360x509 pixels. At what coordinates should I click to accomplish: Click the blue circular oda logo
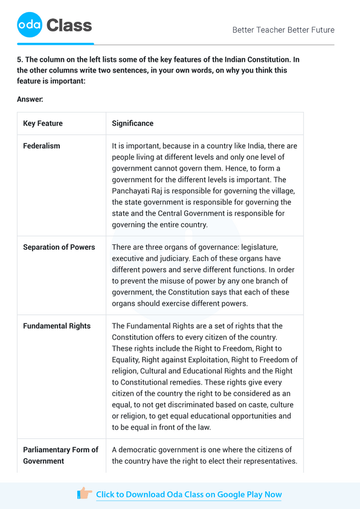pyautogui.click(x=30, y=25)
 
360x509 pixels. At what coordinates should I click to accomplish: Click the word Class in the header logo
pyautogui.click(x=69, y=25)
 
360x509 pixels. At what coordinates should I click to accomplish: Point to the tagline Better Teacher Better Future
pyautogui.click(x=283, y=30)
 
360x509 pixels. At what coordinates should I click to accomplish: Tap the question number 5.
pyautogui.click(x=19, y=59)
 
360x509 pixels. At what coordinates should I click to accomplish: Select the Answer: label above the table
pyautogui.click(x=30, y=99)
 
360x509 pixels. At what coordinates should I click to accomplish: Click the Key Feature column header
pyautogui.click(x=42, y=123)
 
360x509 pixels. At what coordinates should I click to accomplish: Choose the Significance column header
pyautogui.click(x=132, y=123)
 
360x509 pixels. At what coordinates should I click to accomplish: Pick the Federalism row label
pyautogui.click(x=41, y=146)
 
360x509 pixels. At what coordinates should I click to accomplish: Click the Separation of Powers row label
pyautogui.click(x=59, y=247)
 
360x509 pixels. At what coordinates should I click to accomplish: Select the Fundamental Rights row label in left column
pyautogui.click(x=57, y=326)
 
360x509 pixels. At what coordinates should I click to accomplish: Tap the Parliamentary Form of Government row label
pyautogui.click(x=60, y=455)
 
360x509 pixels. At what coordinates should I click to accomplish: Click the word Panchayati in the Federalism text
pyautogui.click(x=132, y=191)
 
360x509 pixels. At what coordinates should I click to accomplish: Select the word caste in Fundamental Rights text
pyautogui.click(x=253, y=404)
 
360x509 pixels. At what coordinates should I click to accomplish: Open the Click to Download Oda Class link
pyautogui.click(x=188, y=494)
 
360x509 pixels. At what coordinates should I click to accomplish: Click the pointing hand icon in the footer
pyautogui.click(x=85, y=494)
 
